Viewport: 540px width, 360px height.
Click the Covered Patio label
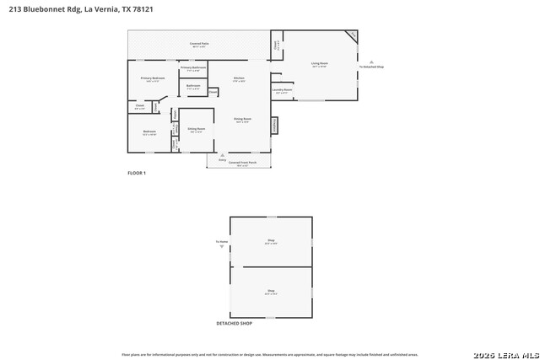click(x=200, y=43)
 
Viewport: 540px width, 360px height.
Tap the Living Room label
click(x=320, y=63)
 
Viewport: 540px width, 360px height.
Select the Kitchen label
click(x=239, y=79)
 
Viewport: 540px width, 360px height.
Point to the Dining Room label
click(x=242, y=120)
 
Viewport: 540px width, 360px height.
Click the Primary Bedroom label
click(x=153, y=79)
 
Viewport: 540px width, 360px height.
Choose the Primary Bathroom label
click(x=193, y=68)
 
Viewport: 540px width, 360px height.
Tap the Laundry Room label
click(x=282, y=89)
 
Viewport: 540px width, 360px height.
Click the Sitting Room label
click(x=197, y=129)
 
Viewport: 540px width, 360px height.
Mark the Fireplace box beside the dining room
click(x=274, y=125)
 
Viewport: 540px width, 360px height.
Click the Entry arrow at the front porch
click(x=222, y=155)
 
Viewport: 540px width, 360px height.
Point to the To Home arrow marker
click(x=222, y=246)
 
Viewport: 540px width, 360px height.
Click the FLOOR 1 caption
click(x=137, y=173)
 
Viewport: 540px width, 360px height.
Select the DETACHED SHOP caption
click(x=235, y=323)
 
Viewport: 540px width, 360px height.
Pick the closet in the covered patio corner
click(x=276, y=46)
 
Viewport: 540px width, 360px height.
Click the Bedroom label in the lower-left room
click(x=149, y=132)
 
